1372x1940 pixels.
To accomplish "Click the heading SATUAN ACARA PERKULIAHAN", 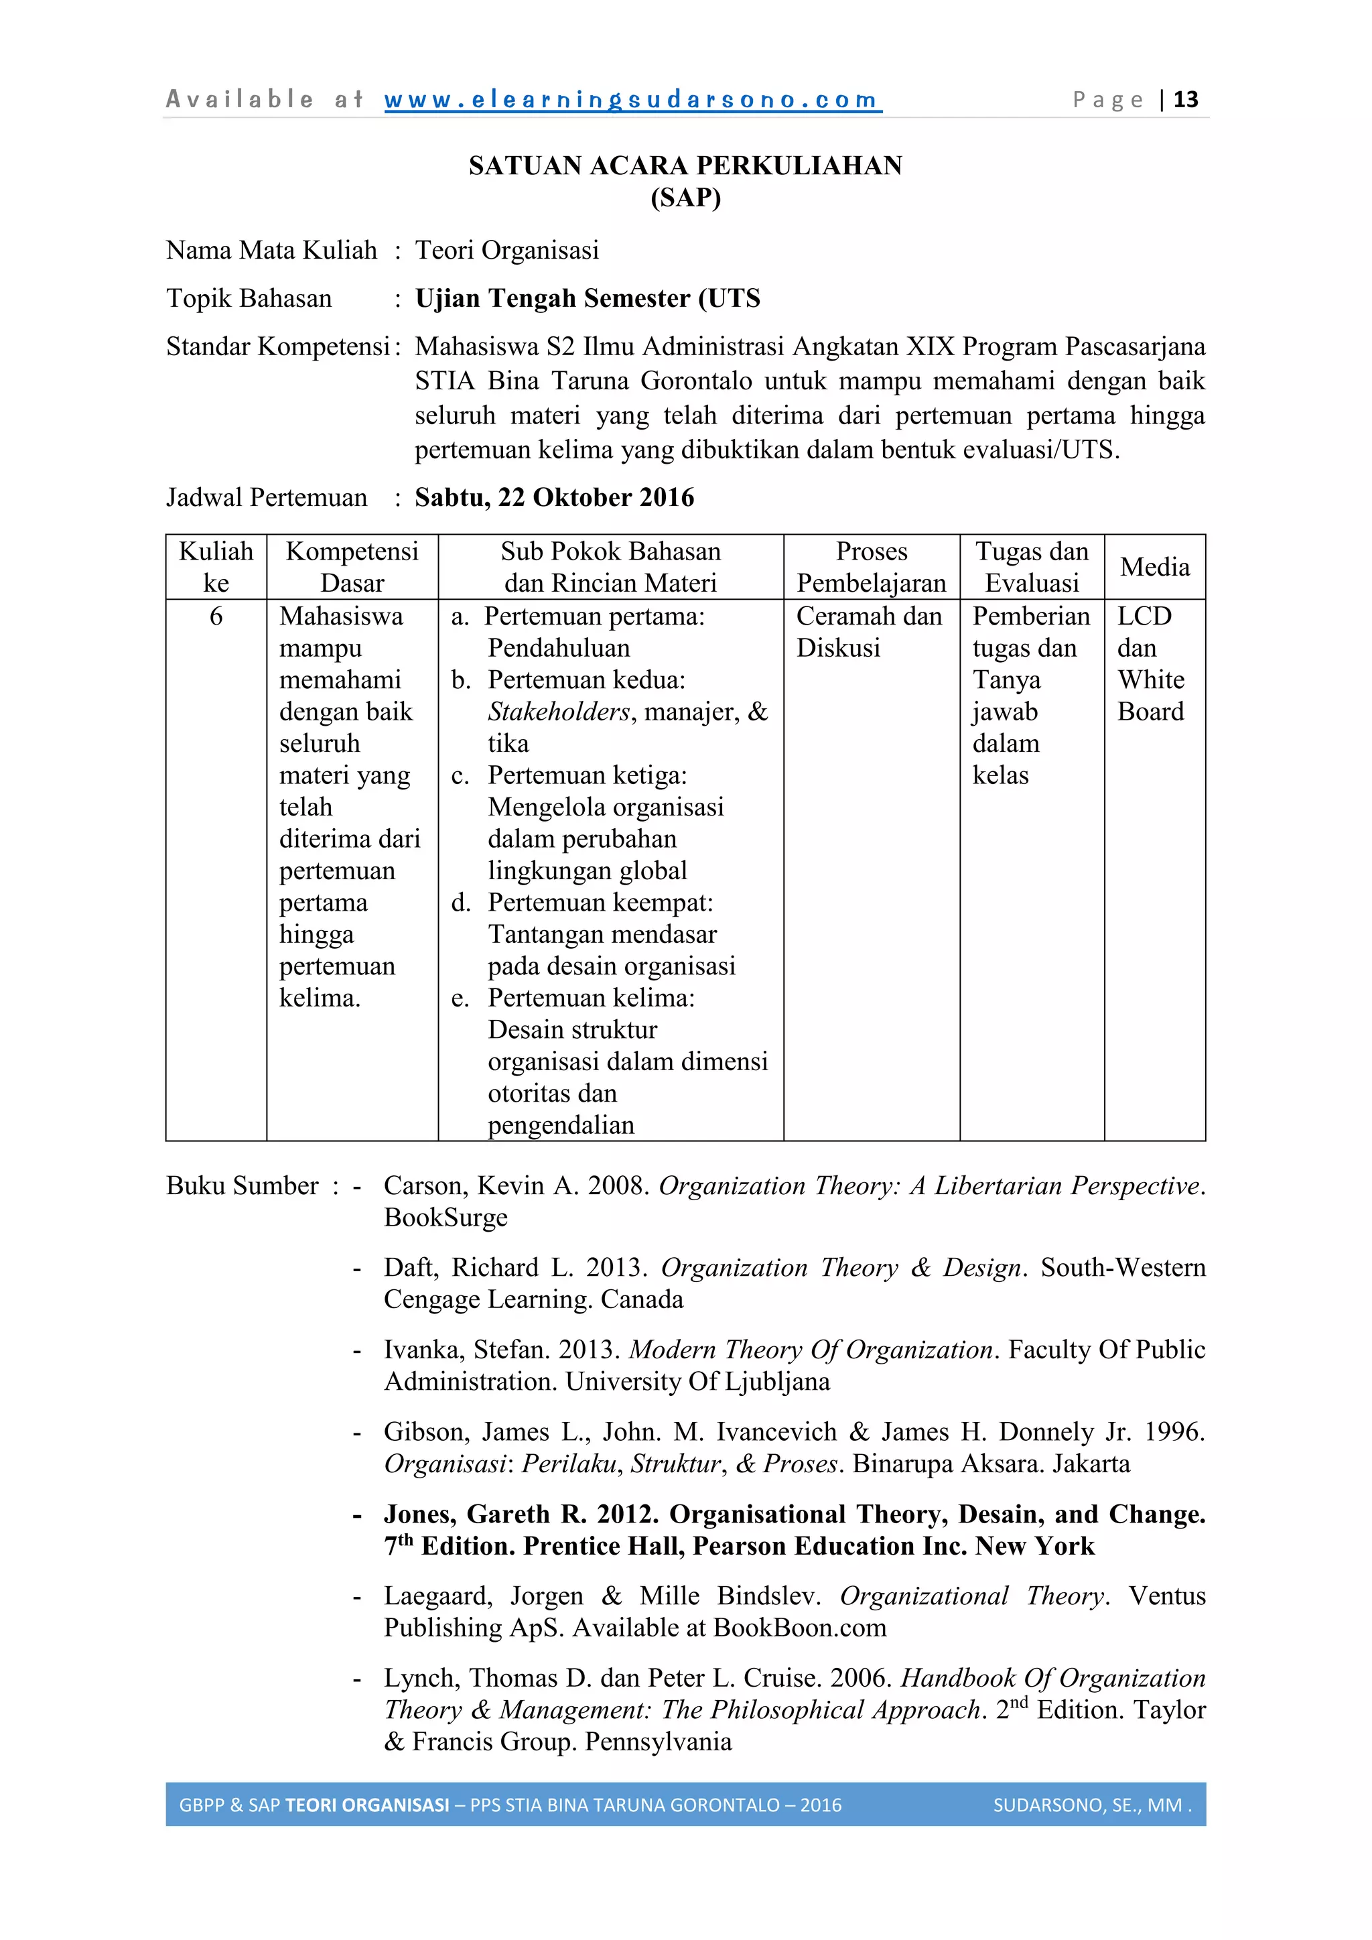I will pos(685,166).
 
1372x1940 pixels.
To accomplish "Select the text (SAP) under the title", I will pos(685,198).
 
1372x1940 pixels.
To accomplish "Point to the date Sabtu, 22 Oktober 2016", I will pos(554,498).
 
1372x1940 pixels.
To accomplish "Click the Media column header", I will pos(1154,567).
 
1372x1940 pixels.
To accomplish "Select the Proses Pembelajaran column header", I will pos(871,567).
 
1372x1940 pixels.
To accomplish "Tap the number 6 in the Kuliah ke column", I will pos(216,616).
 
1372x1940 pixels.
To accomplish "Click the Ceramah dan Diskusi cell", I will pos(868,632).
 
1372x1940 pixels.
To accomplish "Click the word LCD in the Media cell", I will pos(1144,616).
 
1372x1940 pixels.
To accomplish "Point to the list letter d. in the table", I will pos(460,903).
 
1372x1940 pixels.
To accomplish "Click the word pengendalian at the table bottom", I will pos(561,1124).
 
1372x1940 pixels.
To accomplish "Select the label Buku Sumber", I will pos(243,1185).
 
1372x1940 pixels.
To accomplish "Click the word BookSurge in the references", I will pos(445,1218).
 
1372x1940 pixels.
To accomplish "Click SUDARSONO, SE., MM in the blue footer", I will pos(1087,1805).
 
